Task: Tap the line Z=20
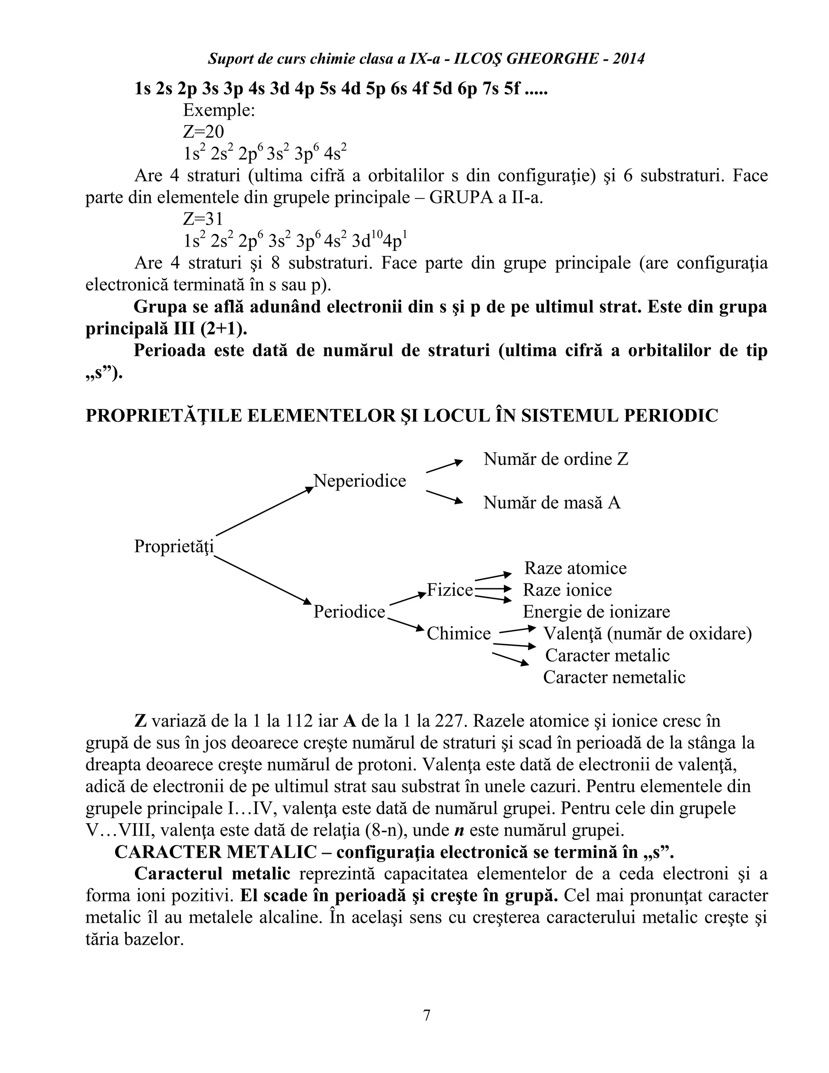point(203,132)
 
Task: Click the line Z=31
point(203,219)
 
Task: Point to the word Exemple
point(219,110)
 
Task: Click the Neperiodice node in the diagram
point(360,481)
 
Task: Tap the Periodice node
point(350,612)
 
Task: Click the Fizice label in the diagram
point(449,590)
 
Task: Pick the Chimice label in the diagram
point(459,634)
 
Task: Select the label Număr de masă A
point(552,502)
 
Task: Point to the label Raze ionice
point(567,590)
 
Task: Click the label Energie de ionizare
point(596,612)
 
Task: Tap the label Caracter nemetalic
point(614,677)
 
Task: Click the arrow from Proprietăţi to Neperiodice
point(264,511)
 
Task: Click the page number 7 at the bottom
point(426,1015)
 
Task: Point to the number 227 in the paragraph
point(449,721)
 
